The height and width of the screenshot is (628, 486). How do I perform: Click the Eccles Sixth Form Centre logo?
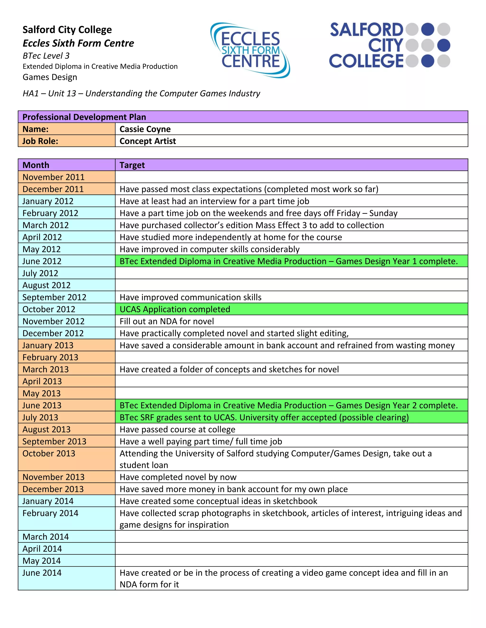click(x=250, y=50)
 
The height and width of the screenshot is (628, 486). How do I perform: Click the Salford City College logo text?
click(x=366, y=46)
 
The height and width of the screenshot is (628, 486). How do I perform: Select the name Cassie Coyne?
click(x=145, y=129)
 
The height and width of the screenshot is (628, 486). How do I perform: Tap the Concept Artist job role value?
click(x=147, y=141)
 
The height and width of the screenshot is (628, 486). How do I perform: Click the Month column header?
click(x=36, y=165)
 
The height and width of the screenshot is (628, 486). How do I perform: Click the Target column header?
click(x=132, y=165)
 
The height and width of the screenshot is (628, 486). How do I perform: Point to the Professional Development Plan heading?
click(x=84, y=117)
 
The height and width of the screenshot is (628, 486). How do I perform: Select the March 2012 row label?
click(x=46, y=225)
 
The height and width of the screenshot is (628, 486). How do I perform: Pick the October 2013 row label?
click(x=49, y=453)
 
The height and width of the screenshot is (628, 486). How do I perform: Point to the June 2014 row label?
click(x=42, y=573)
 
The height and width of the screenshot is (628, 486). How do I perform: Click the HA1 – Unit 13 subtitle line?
click(x=141, y=93)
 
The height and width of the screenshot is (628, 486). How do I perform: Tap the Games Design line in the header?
click(x=50, y=77)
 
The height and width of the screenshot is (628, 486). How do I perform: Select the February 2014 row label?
click(x=50, y=513)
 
